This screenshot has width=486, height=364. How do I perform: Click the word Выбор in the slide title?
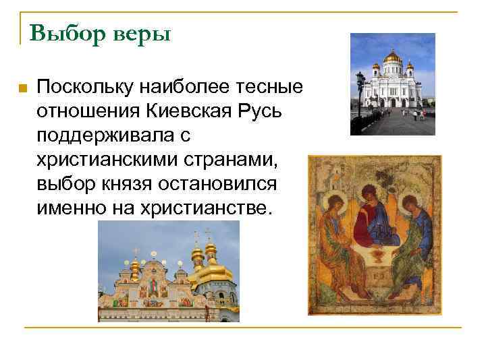coord(62,33)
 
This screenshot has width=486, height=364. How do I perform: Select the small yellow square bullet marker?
coord(22,88)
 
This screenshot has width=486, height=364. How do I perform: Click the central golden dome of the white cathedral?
coord(392,59)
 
